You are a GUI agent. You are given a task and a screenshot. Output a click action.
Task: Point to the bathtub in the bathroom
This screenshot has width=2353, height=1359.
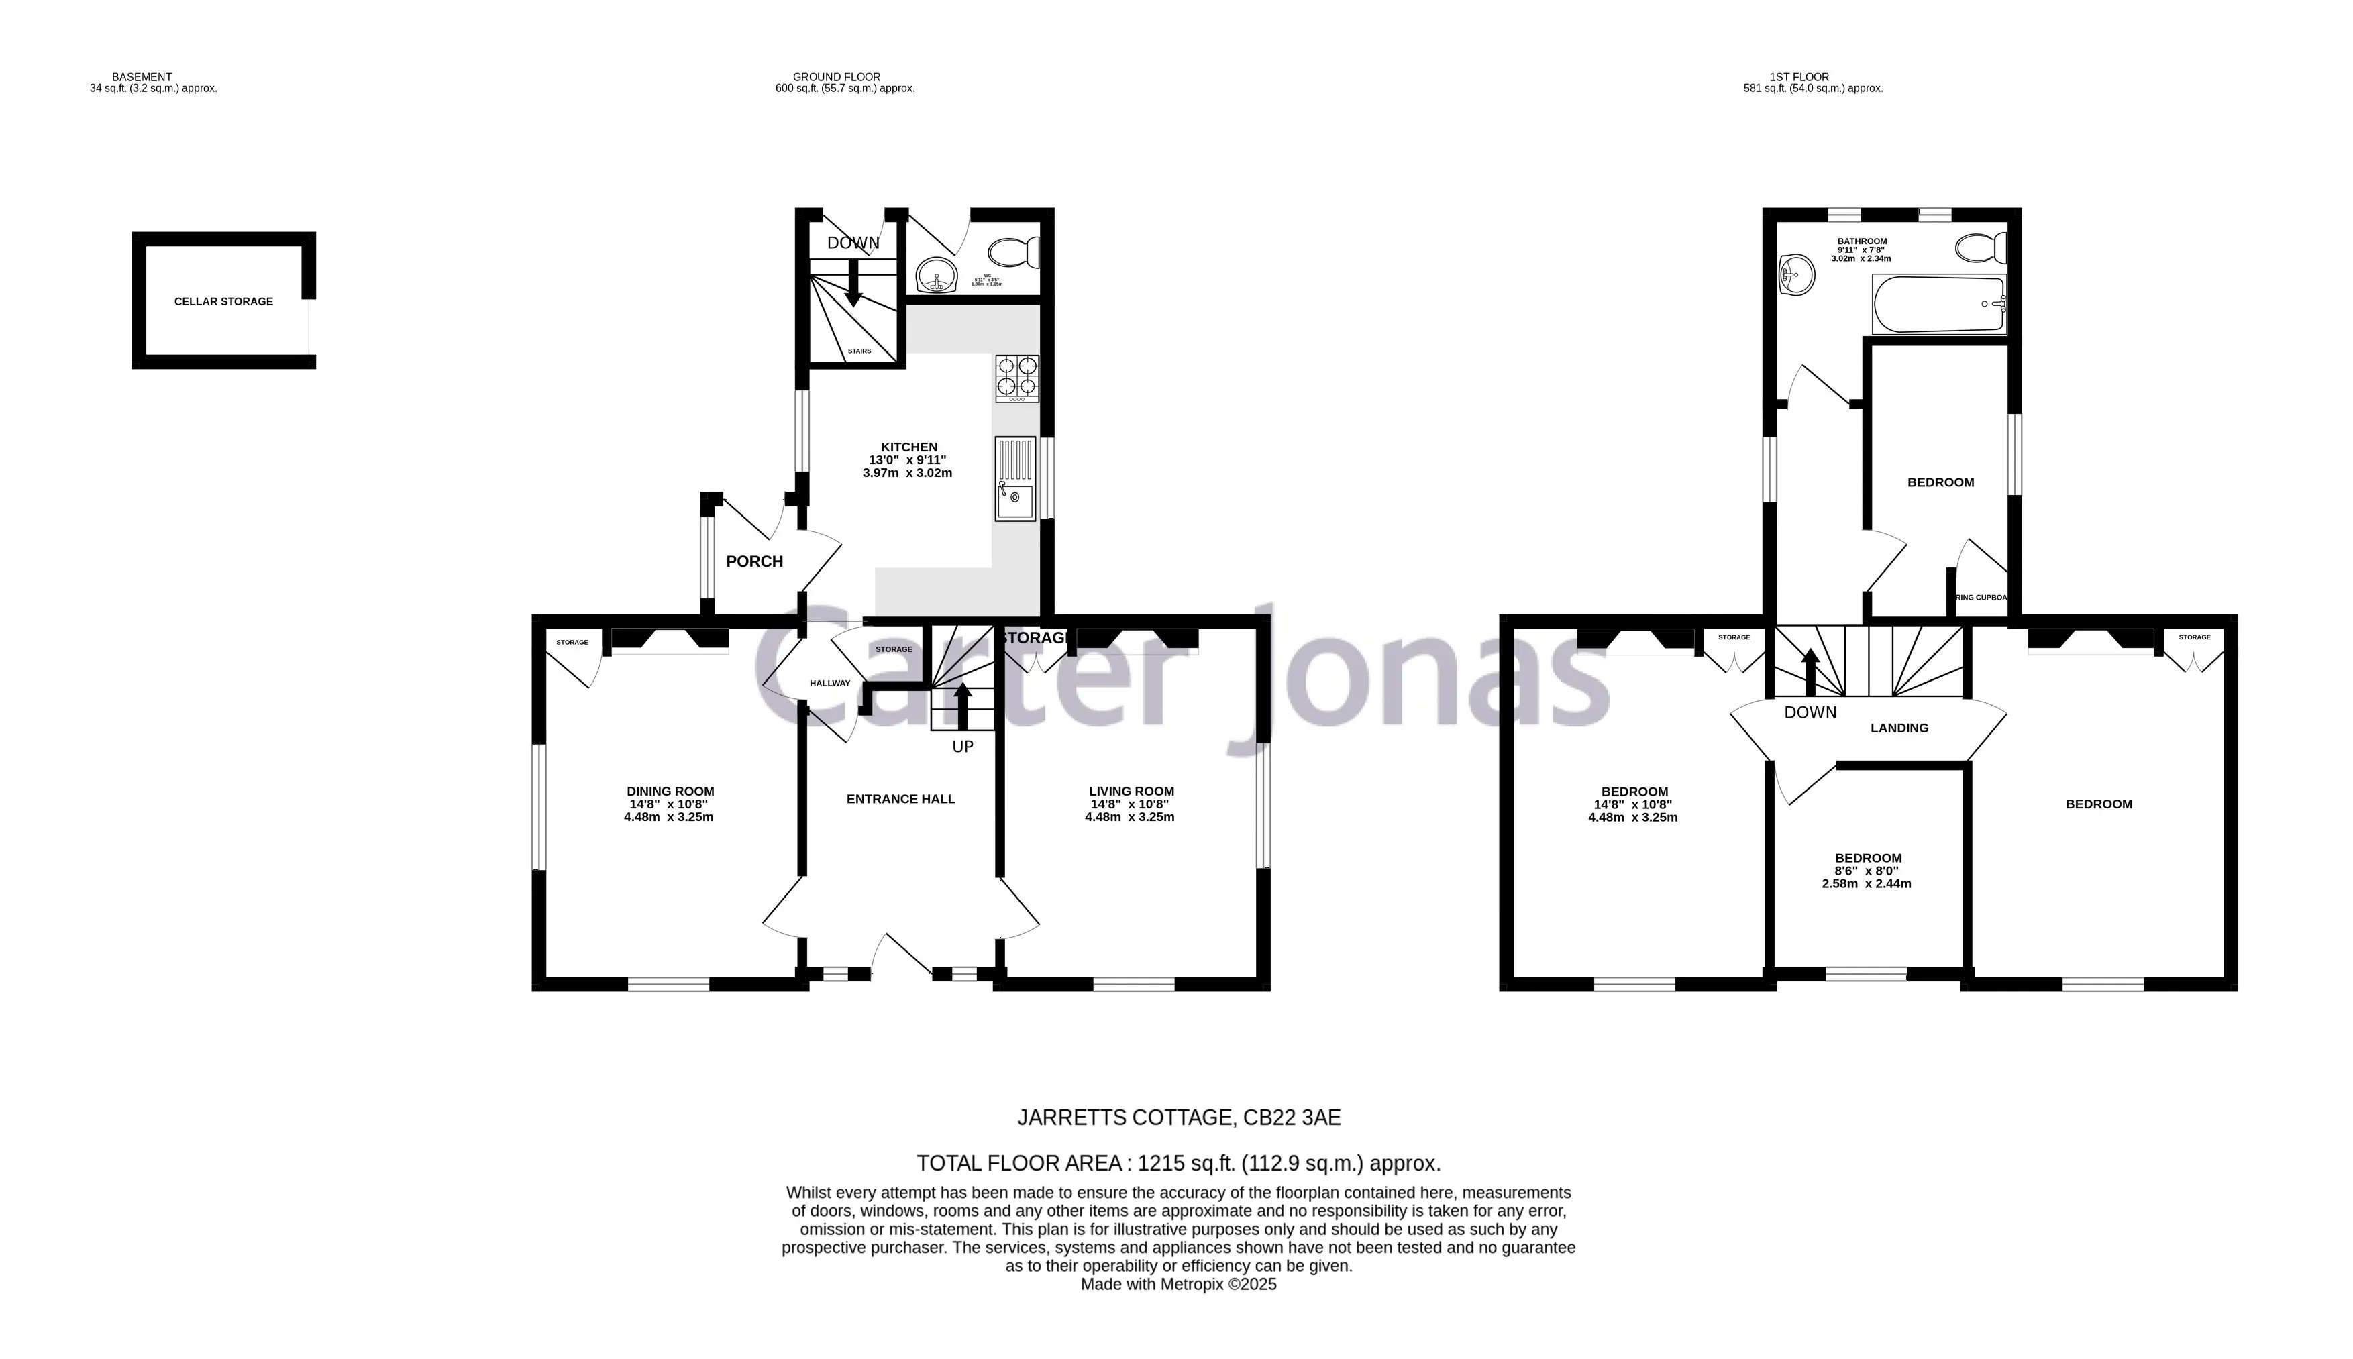click(1938, 305)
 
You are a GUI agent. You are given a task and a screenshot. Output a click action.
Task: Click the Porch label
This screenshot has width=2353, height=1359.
click(754, 561)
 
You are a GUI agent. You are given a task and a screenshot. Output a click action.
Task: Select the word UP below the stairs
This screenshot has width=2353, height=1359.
click(962, 747)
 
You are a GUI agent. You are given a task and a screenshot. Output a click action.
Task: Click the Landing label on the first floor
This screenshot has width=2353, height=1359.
click(1899, 728)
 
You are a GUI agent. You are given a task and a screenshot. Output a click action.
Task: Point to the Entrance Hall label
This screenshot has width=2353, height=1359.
click(900, 799)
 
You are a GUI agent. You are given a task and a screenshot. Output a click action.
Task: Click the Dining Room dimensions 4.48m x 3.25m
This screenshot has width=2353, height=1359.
click(668, 818)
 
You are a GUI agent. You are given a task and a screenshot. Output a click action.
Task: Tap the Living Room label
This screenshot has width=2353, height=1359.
click(1131, 792)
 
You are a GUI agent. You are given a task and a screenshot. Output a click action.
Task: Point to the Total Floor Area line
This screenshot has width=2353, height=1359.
click(1178, 1163)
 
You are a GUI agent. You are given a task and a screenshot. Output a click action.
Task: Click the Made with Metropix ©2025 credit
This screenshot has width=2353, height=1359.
click(1178, 1285)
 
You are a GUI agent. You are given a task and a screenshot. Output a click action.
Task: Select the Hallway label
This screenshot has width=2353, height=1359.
click(830, 684)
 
